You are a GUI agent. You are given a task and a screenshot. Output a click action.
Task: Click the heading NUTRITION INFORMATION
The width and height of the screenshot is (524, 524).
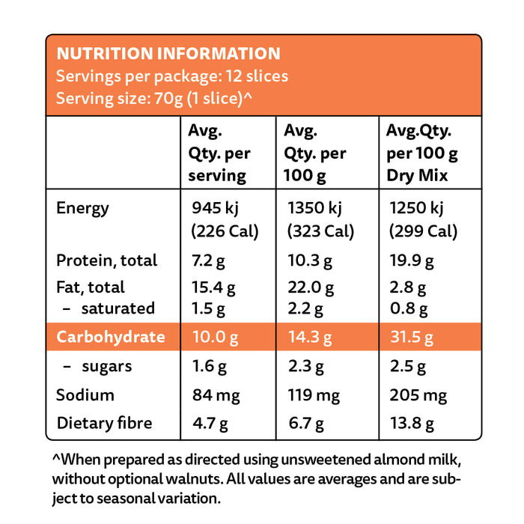168,54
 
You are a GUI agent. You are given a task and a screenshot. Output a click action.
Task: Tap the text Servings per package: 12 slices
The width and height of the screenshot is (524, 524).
172,76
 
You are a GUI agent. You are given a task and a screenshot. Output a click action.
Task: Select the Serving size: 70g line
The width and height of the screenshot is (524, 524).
153,99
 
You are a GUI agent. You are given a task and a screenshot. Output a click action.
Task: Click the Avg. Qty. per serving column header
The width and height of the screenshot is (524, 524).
219,153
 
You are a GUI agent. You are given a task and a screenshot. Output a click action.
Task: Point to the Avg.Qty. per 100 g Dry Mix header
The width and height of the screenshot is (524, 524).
421,153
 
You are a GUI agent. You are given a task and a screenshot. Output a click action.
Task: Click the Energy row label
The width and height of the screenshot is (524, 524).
82,208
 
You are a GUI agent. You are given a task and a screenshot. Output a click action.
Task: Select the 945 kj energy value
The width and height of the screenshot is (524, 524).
216,208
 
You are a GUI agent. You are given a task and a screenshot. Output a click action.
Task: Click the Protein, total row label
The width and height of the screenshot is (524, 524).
106,261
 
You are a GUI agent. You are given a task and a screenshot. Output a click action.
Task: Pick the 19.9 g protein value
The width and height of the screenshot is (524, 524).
409,261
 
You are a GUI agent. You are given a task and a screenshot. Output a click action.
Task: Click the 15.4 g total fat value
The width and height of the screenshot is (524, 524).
214,287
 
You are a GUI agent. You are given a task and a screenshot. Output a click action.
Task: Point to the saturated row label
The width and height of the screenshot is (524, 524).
118,308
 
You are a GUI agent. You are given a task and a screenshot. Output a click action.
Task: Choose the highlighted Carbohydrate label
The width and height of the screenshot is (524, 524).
111,337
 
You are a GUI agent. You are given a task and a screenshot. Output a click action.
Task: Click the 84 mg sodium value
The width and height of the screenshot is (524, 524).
214,395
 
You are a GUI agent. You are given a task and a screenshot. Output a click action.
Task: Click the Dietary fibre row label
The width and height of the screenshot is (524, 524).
104,424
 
